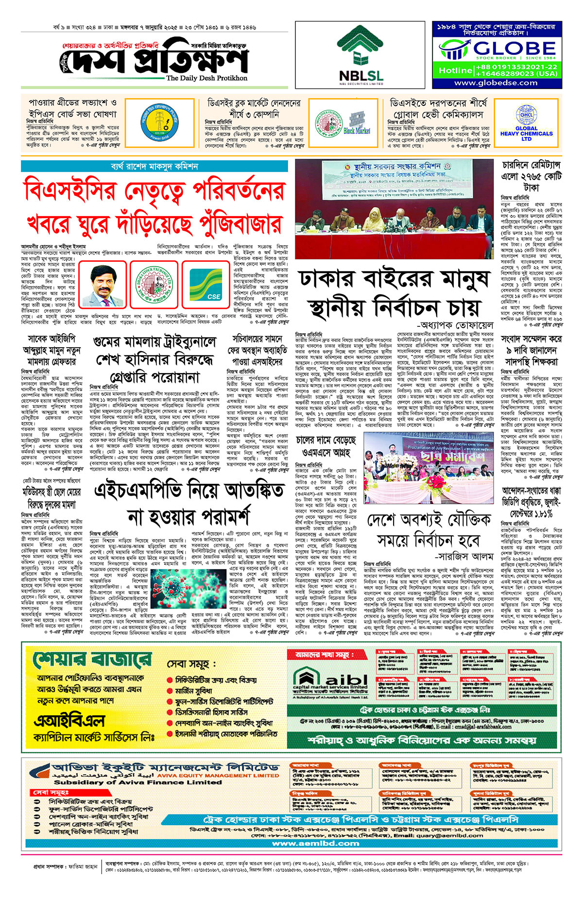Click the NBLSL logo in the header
[361, 54]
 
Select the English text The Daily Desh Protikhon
[206, 78]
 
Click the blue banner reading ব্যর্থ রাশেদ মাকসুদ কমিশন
[154, 167]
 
